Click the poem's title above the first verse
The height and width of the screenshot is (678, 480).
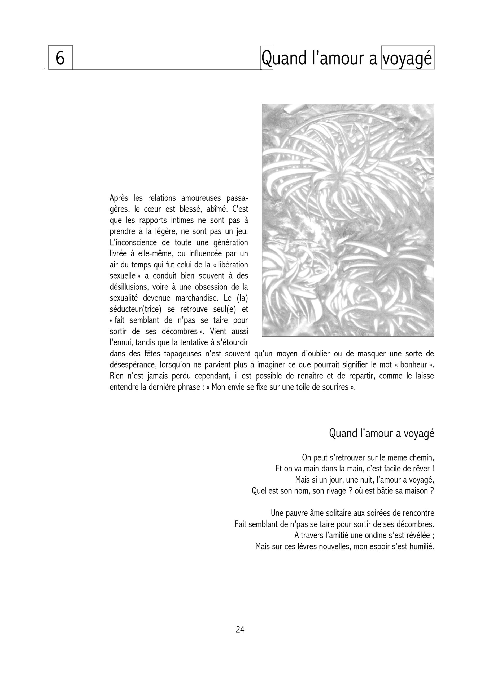(382, 434)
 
